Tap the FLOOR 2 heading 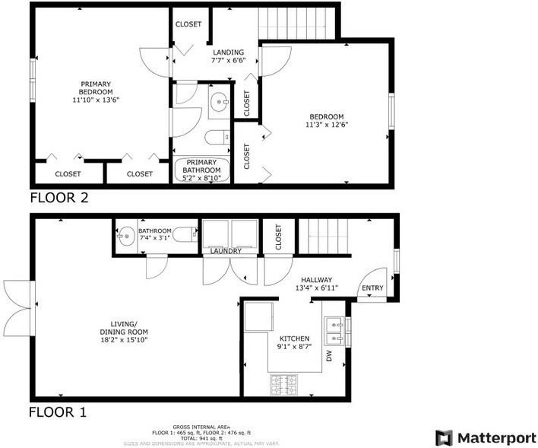pos(59,199)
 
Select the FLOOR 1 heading pos(58,413)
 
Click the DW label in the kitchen pos(329,355)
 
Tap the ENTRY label pos(372,288)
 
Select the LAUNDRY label pos(226,251)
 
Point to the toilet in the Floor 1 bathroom pos(184,236)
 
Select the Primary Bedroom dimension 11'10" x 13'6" pos(96,99)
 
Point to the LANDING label pos(228,52)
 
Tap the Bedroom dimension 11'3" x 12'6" pos(327,125)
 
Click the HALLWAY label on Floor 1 pos(316,279)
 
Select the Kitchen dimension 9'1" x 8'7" pos(294,347)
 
